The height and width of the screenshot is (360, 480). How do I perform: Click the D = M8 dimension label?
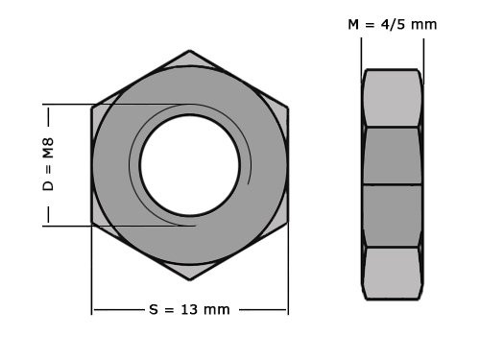coord(48,164)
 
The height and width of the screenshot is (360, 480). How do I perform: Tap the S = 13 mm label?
coord(189,309)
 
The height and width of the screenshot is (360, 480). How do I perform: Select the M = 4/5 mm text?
coord(392,24)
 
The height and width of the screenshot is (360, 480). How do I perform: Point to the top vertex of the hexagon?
coord(189,52)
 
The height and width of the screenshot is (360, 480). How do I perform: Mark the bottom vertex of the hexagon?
coord(189,277)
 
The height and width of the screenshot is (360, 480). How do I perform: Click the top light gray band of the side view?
coord(392,98)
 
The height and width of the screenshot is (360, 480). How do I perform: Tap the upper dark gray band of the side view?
coord(392,156)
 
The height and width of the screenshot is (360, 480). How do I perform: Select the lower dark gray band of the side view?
coord(392,215)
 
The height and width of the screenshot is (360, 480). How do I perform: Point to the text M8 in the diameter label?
coord(48,149)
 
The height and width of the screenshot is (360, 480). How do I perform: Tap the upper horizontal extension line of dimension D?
coord(67,104)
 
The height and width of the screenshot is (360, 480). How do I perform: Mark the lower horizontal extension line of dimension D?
coord(67,226)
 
